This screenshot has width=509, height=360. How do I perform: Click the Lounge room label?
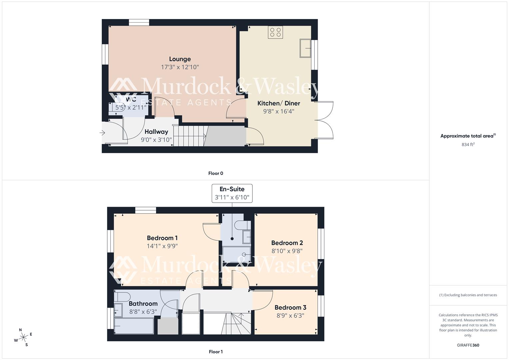(x=180, y=59)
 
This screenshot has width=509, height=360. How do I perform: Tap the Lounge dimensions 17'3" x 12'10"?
(x=180, y=67)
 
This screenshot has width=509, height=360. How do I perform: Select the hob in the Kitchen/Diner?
(x=276, y=32)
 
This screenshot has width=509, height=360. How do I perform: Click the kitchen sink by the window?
(x=305, y=48)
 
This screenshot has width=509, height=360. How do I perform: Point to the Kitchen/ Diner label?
(x=279, y=103)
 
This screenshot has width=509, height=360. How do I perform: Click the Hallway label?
(x=156, y=132)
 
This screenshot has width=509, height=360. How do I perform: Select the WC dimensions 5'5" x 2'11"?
(x=131, y=108)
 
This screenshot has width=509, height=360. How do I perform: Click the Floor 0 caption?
(x=216, y=173)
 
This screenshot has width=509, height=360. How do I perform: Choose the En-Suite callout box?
(x=232, y=193)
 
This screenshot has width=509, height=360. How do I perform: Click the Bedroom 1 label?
(x=162, y=238)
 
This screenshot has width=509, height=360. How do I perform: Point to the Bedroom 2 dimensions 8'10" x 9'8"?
(x=287, y=251)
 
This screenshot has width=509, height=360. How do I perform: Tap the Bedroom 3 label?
(x=290, y=307)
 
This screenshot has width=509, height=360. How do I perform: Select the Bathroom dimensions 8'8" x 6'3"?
(x=143, y=312)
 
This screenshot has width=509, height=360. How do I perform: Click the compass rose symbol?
(x=23, y=337)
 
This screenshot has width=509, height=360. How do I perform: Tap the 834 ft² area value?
(x=468, y=145)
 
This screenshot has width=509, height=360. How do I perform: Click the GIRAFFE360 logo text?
(x=468, y=345)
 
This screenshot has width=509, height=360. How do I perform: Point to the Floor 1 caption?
(x=216, y=352)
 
